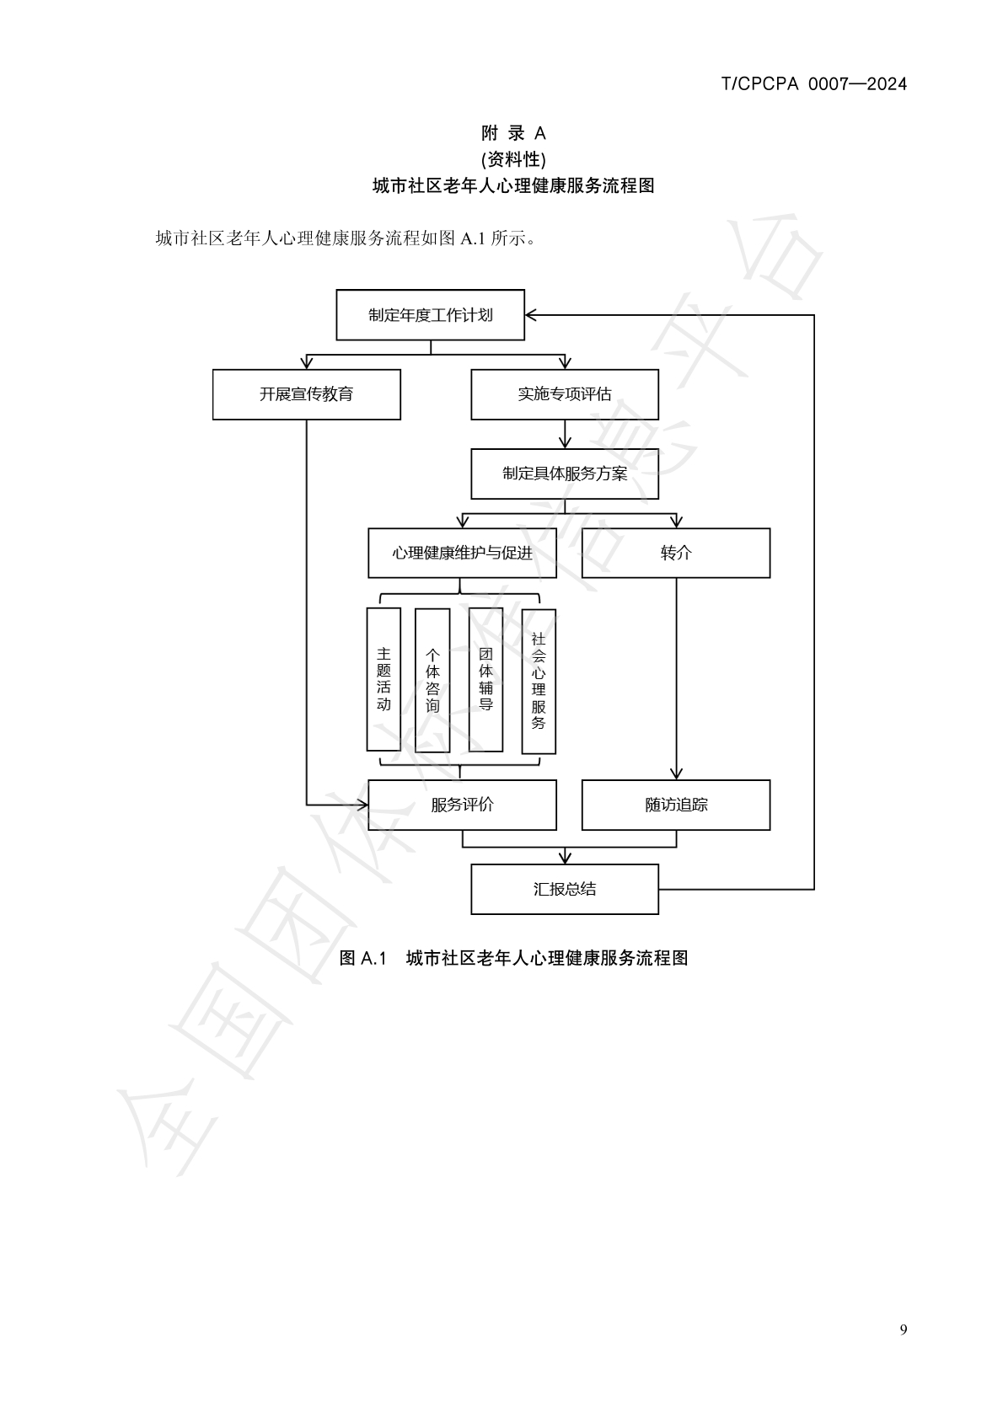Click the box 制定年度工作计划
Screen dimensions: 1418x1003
click(430, 315)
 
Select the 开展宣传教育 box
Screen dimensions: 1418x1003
click(306, 394)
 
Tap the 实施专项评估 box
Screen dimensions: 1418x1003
click(564, 394)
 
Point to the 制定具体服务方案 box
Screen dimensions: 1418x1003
click(564, 474)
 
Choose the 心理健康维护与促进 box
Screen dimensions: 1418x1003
click(462, 553)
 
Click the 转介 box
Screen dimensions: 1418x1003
click(675, 553)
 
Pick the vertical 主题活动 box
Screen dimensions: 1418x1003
click(383, 679)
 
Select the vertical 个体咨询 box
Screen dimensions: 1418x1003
click(432, 679)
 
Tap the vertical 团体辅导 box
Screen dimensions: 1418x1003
click(485, 679)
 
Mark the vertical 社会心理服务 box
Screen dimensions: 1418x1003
click(539, 681)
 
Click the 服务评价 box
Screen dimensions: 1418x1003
click(462, 805)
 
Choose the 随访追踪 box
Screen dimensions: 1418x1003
click(675, 805)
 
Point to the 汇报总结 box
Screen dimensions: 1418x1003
click(564, 889)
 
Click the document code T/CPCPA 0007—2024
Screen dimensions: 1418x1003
click(814, 83)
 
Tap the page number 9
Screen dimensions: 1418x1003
click(904, 1330)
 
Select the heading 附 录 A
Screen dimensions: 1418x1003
click(513, 133)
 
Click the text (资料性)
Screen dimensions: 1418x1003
click(513, 159)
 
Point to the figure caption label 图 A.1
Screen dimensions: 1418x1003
click(362, 958)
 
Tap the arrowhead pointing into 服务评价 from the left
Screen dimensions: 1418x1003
click(362, 805)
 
